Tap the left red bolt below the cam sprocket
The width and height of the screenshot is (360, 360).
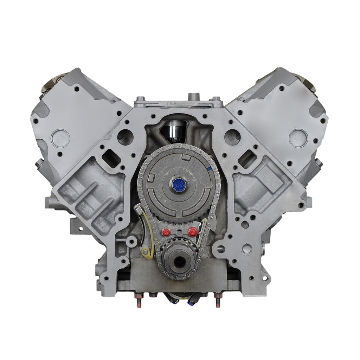tap(166, 232)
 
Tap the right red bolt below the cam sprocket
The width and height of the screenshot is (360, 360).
tap(192, 232)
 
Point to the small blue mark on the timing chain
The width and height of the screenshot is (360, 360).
tap(210, 170)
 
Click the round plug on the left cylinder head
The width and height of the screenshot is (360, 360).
tap(60, 138)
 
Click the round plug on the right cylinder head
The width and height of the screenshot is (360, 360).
tap(298, 138)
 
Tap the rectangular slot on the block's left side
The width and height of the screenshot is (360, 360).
tap(111, 159)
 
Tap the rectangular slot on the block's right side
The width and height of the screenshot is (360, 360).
tap(247, 159)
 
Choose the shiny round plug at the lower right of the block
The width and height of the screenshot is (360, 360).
tap(247, 249)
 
